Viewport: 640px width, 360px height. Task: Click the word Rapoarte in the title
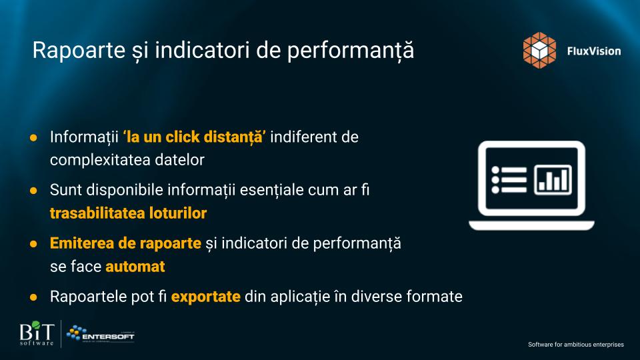(79, 50)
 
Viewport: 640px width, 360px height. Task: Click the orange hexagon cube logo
(539, 50)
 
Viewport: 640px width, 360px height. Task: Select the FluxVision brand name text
(594, 51)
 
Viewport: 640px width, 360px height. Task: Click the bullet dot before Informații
(33, 137)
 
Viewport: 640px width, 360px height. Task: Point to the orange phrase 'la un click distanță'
(194, 137)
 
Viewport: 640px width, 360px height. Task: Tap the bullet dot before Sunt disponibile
(33, 191)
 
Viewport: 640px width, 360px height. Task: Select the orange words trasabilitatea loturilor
(128, 213)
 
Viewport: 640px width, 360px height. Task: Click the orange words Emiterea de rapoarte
(125, 243)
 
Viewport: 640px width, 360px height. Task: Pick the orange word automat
(135, 267)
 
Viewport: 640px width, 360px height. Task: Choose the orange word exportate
(206, 297)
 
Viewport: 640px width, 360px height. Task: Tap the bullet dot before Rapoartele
(33, 297)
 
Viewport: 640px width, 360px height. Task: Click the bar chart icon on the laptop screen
(553, 179)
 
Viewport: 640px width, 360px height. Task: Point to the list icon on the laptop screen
(509, 179)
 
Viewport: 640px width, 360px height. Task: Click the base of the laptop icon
(531, 225)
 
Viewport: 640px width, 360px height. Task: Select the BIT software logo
(37, 333)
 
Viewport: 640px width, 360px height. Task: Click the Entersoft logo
(101, 334)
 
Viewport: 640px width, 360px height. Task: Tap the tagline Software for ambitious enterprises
(576, 345)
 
